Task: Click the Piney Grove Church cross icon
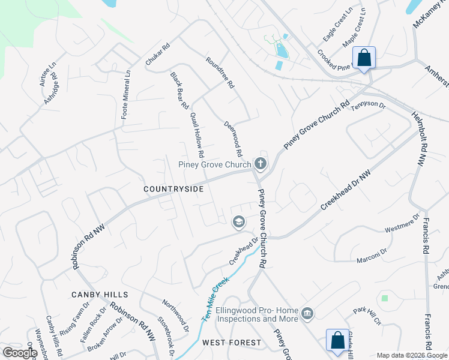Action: tap(260, 163)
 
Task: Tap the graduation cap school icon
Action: tap(238, 222)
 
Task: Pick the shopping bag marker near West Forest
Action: tap(337, 340)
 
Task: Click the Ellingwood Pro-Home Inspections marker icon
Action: tap(307, 313)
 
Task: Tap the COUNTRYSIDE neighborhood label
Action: tap(173, 189)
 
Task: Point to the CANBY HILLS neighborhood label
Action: tap(100, 295)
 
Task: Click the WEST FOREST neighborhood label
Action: tap(232, 343)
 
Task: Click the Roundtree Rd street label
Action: tap(219, 73)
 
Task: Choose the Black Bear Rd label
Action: tap(179, 91)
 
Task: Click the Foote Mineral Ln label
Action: tap(125, 95)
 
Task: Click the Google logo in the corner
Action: tap(20, 353)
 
